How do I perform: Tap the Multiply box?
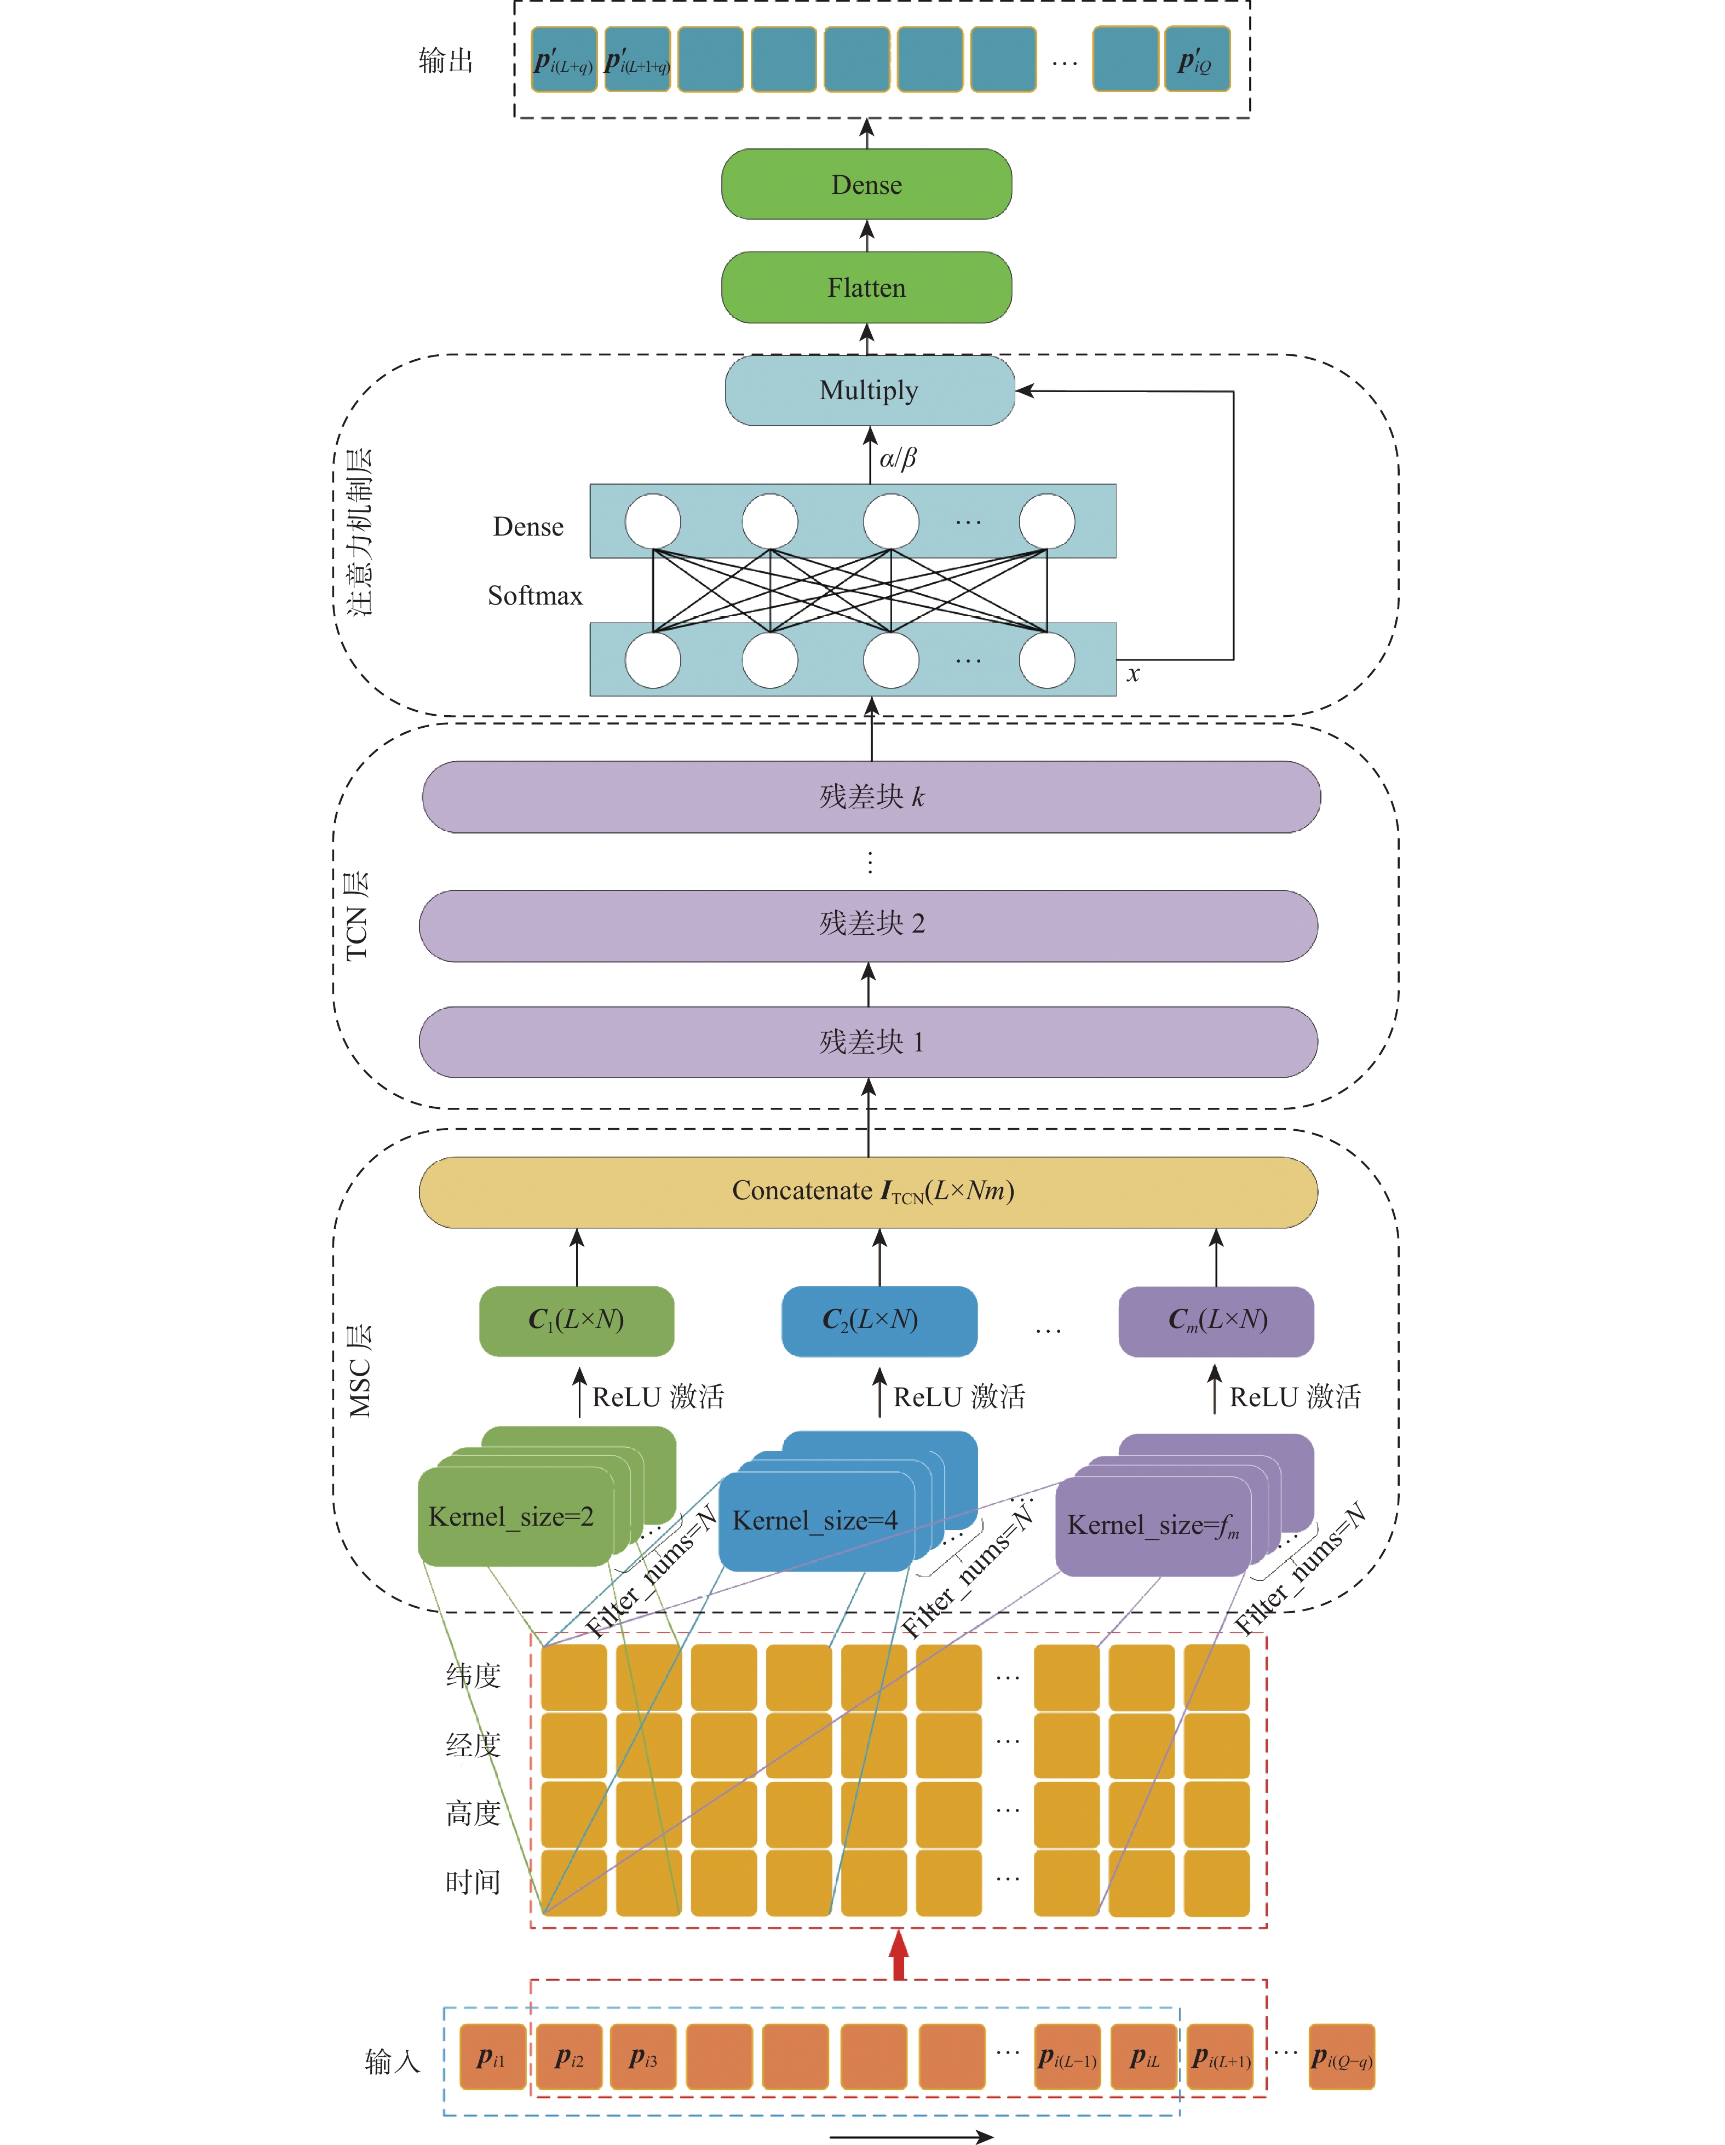pyautogui.click(x=869, y=390)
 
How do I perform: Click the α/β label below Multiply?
pyautogui.click(x=898, y=458)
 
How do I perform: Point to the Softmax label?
pyautogui.click(x=534, y=595)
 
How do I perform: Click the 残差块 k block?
pyautogui.click(x=871, y=797)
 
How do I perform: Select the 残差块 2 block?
pyautogui.click(x=869, y=924)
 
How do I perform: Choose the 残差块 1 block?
pyautogui.click(x=869, y=1042)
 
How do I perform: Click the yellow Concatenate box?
pyautogui.click(x=869, y=1191)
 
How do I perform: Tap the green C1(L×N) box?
pyautogui.click(x=576, y=1320)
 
